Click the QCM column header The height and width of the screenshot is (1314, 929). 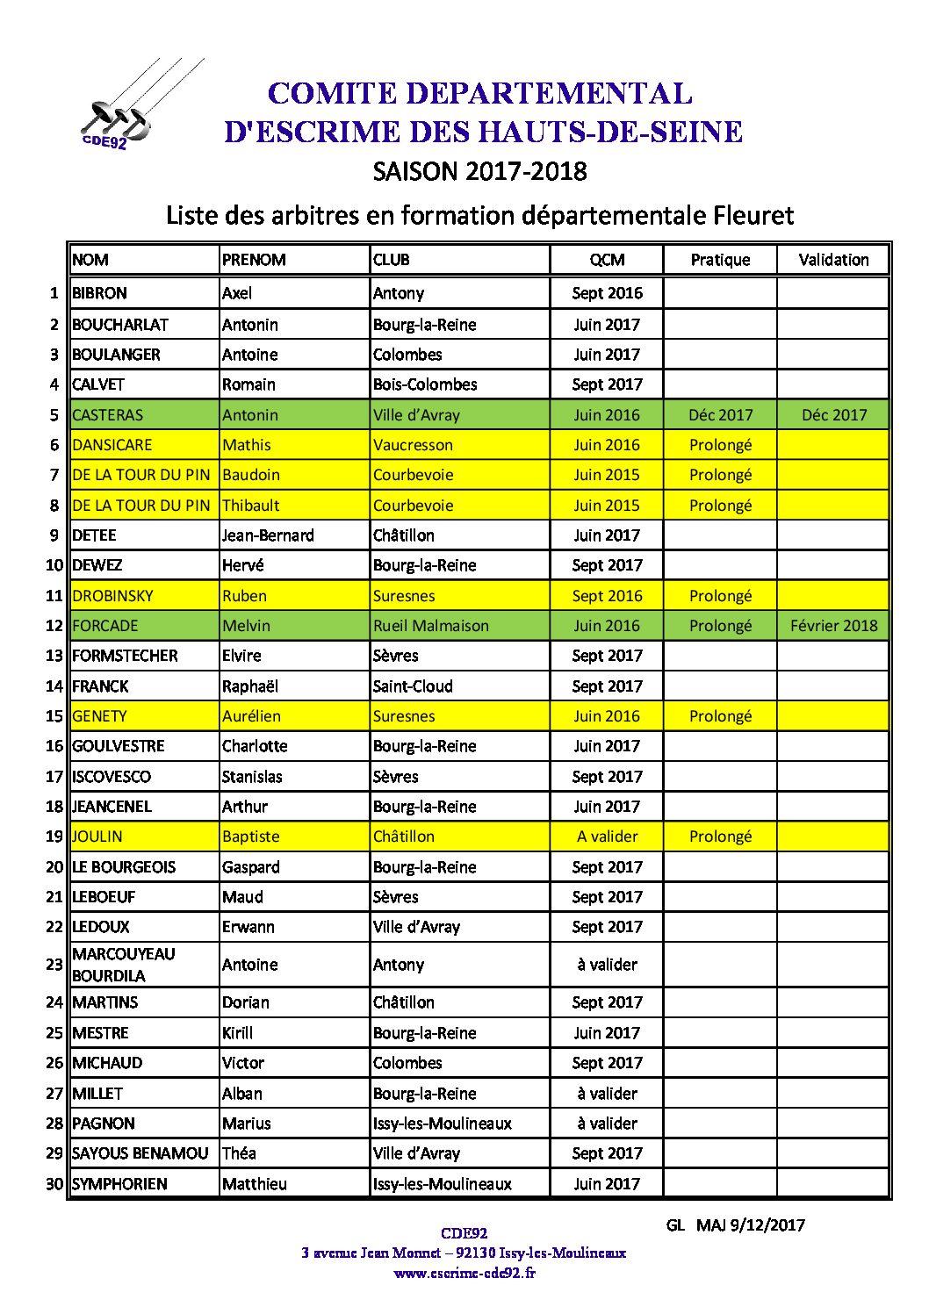click(x=607, y=260)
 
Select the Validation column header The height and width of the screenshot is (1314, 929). click(x=833, y=260)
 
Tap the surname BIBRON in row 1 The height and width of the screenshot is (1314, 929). click(x=99, y=293)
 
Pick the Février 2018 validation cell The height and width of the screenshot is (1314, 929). click(x=833, y=626)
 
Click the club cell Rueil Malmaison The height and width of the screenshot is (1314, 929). click(x=430, y=626)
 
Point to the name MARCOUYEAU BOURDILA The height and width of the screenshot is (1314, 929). click(x=123, y=965)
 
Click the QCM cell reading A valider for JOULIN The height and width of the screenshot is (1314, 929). click(x=607, y=837)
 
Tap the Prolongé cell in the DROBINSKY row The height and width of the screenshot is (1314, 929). click(x=720, y=596)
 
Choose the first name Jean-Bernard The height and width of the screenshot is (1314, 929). click(x=268, y=535)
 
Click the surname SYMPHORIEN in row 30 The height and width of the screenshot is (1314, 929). click(x=119, y=1184)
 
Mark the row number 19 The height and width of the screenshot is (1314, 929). click(x=54, y=837)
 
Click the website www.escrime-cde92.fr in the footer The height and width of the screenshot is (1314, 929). click(x=464, y=1273)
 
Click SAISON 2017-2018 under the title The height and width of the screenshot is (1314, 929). click(x=479, y=171)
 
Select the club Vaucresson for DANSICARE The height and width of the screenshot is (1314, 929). click(x=413, y=445)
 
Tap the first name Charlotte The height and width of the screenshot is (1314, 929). click(x=255, y=746)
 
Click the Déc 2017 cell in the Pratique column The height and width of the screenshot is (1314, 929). click(x=720, y=415)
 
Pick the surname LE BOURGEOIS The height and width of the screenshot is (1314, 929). click(x=124, y=867)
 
